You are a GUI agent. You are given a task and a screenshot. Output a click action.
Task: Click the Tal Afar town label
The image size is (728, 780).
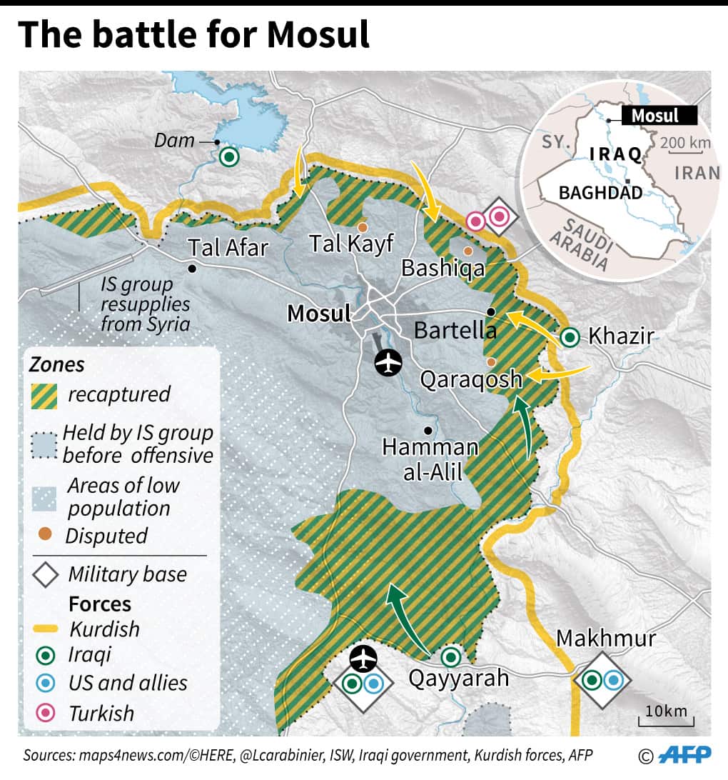[x=228, y=247]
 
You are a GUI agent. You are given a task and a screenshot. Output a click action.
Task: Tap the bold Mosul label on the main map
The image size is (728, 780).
[x=319, y=314]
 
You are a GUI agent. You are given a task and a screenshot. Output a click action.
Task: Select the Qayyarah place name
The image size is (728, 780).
[x=458, y=677]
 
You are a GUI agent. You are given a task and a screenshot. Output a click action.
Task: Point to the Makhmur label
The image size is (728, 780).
[x=605, y=638]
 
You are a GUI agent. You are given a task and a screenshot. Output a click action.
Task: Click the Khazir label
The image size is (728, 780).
[x=621, y=336]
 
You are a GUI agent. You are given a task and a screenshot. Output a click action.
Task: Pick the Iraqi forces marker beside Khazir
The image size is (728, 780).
[x=570, y=337]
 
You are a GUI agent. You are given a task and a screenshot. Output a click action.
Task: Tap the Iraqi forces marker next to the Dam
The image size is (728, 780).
[x=229, y=156]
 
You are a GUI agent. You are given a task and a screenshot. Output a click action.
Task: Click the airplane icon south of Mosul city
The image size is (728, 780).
[x=388, y=363]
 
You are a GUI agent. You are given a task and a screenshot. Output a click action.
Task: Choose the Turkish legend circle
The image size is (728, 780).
[x=46, y=713]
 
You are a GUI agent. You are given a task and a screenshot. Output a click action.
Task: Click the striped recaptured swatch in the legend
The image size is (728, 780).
[x=44, y=394]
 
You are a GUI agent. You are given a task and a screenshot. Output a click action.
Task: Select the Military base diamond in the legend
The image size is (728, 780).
[x=46, y=575]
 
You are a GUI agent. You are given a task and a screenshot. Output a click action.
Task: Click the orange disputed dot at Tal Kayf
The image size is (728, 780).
[x=363, y=227]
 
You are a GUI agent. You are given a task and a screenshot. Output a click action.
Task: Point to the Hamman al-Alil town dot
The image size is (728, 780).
[x=427, y=430]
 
